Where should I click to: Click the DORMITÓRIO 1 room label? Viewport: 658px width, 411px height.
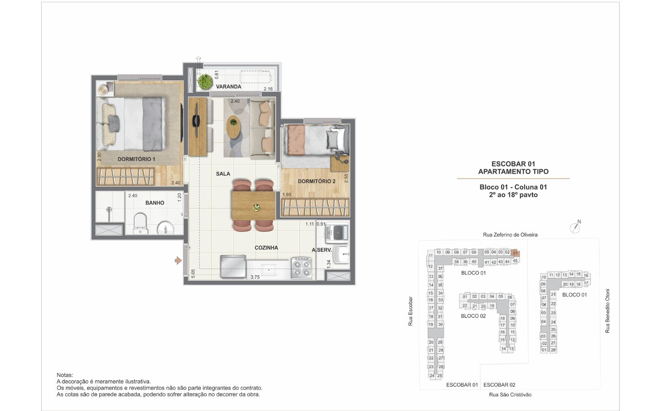[136, 159]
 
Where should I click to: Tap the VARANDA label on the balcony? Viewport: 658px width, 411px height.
[228, 87]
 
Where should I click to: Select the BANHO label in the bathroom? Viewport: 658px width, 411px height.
[155, 203]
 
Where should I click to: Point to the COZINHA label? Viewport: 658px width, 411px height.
[266, 248]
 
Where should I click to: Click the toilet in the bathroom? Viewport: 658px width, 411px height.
[140, 224]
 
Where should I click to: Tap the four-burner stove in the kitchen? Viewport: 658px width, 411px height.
[302, 268]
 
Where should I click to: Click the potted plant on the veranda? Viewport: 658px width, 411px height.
[205, 81]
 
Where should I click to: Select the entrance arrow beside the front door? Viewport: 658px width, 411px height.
[178, 260]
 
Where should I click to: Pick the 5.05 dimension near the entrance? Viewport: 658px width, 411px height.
[193, 274]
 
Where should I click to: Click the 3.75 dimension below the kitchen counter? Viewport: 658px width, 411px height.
[255, 277]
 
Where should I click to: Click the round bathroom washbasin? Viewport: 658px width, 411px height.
[166, 228]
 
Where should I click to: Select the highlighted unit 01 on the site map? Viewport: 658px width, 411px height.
[515, 253]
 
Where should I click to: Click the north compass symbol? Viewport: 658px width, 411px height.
[575, 227]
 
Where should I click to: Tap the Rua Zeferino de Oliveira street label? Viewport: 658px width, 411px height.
[510, 235]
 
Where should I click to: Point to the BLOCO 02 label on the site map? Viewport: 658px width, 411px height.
[473, 316]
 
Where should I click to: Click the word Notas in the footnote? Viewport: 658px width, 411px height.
[64, 375]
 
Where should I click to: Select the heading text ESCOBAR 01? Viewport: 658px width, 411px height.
[513, 164]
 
